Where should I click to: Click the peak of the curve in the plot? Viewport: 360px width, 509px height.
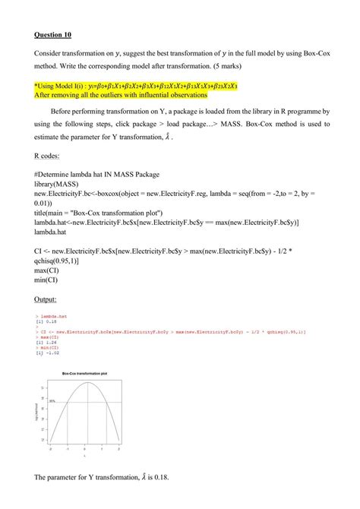coord(87,383)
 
